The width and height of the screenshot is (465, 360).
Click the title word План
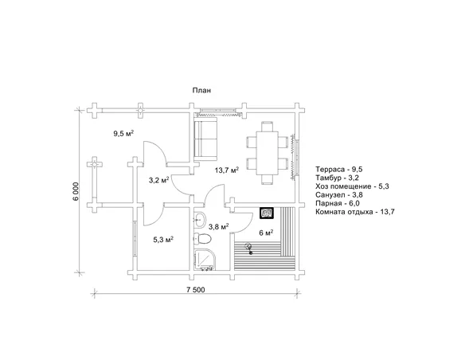pyautogui.click(x=201, y=90)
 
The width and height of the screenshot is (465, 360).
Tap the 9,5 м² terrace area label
pyautogui.click(x=123, y=133)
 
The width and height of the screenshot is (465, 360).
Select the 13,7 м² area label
pyautogui.click(x=227, y=170)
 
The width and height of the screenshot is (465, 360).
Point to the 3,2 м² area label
pyautogui.click(x=158, y=180)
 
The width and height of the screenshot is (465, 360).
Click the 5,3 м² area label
pyautogui.click(x=163, y=239)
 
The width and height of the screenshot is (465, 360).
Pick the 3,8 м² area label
pyautogui.click(x=218, y=227)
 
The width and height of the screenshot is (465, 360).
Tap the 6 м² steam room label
pyautogui.click(x=266, y=233)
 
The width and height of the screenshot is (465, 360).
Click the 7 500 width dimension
pyautogui.click(x=195, y=290)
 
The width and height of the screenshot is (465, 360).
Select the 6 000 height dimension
pyautogui.click(x=76, y=191)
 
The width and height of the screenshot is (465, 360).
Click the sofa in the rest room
pyautogui.click(x=205, y=139)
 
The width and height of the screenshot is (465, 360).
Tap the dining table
pyautogui.click(x=267, y=153)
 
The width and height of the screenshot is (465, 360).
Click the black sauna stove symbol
pyautogui.click(x=267, y=213)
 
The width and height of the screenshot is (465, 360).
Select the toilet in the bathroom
pyautogui.click(x=202, y=238)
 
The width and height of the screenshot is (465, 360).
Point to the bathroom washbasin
pyautogui.click(x=199, y=220)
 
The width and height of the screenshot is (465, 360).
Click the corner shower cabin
pyautogui.click(x=204, y=260)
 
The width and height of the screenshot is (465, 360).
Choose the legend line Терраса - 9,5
pyautogui.click(x=339, y=170)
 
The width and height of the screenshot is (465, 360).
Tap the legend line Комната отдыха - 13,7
pyautogui.click(x=355, y=212)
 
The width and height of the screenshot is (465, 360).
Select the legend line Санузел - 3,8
pyautogui.click(x=339, y=195)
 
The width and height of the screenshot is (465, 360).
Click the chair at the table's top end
pyautogui.click(x=268, y=127)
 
